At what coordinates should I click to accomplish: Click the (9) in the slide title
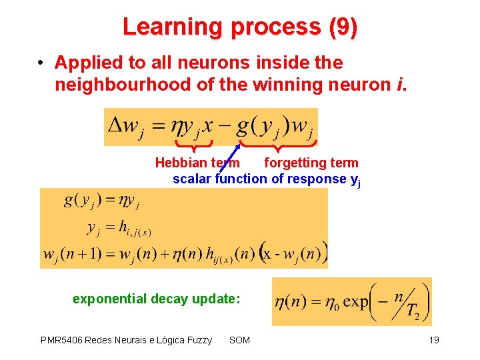(x=343, y=27)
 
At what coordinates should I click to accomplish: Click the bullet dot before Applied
(x=41, y=63)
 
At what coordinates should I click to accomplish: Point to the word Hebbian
(x=181, y=163)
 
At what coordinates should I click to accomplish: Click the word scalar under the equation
(x=192, y=179)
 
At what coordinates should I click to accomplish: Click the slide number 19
(x=434, y=341)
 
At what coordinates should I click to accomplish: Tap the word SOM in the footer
(x=239, y=341)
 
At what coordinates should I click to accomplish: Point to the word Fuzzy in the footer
(x=198, y=341)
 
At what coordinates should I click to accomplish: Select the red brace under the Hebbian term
(x=193, y=143)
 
